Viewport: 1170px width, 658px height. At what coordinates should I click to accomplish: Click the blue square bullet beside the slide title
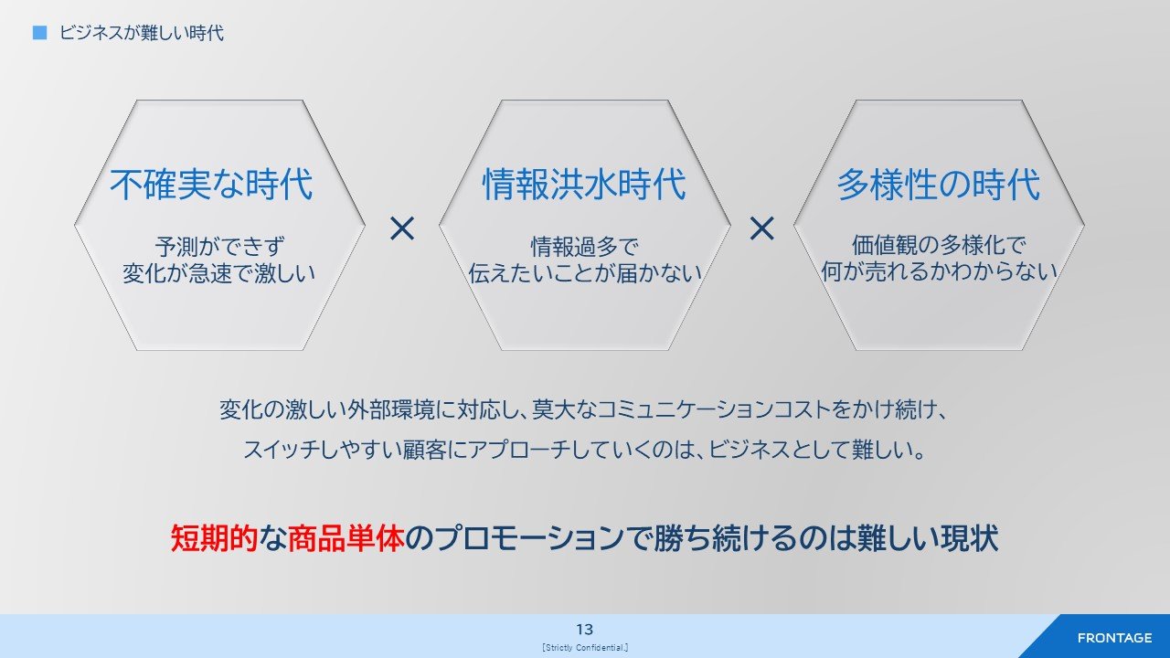[39, 32]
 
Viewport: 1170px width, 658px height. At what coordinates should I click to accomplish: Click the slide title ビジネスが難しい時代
[141, 33]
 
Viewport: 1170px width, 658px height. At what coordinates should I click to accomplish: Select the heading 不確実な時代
[211, 185]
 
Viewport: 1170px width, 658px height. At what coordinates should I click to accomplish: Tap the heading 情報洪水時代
[584, 185]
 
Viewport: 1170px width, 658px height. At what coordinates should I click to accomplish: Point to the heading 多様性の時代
[939, 185]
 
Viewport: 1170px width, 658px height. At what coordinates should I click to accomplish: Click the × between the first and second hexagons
[402, 228]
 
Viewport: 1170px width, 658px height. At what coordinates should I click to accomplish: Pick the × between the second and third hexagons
[761, 228]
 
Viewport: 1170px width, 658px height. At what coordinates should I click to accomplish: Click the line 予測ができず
[219, 247]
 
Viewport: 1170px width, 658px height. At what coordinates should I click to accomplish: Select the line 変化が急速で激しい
[218, 273]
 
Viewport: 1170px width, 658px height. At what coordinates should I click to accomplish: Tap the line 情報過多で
[584, 247]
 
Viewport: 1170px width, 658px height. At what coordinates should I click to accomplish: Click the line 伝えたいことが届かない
[584, 273]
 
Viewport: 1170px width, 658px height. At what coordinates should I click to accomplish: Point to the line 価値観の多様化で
[939, 245]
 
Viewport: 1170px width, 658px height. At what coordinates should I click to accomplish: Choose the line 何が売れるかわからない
[939, 271]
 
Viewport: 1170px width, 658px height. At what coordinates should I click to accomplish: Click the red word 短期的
[214, 538]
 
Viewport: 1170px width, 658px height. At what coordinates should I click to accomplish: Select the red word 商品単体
[346, 538]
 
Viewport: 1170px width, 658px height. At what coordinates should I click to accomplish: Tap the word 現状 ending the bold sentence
[970, 538]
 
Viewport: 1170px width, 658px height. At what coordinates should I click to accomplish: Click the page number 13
[584, 630]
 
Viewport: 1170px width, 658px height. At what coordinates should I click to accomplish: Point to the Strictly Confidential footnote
[585, 648]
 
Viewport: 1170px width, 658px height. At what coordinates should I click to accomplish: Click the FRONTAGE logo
[1114, 638]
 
